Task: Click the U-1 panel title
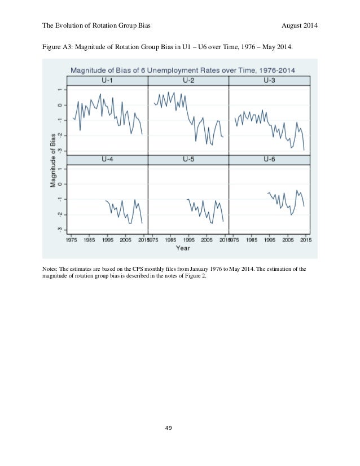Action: pyautogui.click(x=107, y=80)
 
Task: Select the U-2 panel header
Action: pyautogui.click(x=188, y=80)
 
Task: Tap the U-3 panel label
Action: pyautogui.click(x=270, y=80)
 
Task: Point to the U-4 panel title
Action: pyautogui.click(x=107, y=160)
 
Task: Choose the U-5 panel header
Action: pyautogui.click(x=188, y=160)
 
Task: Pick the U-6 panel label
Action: pyautogui.click(x=270, y=160)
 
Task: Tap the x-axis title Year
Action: pyautogui.click(x=183, y=248)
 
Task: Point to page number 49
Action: pyautogui.click(x=180, y=444)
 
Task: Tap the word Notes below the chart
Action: pyautogui.click(x=51, y=269)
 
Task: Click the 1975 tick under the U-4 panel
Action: pyautogui.click(x=71, y=239)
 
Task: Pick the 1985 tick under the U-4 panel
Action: pyautogui.click(x=89, y=239)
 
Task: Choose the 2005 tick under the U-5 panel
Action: pyautogui.click(x=206, y=239)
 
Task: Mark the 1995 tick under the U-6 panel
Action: pyautogui.click(x=270, y=239)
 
